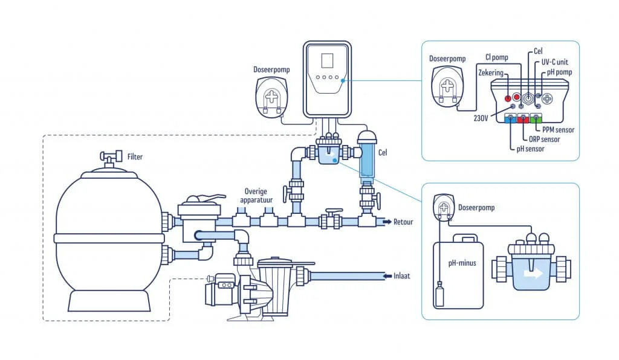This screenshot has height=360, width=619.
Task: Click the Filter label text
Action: pyautogui.click(x=135, y=157)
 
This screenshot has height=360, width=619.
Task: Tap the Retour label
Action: pyautogui.click(x=403, y=222)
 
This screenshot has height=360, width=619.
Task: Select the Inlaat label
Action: pyautogui.click(x=402, y=275)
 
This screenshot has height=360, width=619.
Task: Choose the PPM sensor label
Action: pyautogui.click(x=559, y=129)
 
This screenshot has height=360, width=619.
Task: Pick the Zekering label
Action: pyautogui.click(x=490, y=72)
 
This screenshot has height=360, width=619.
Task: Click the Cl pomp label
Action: pyautogui.click(x=497, y=58)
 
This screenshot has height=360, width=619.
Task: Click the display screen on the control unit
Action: pyautogui.click(x=327, y=61)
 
